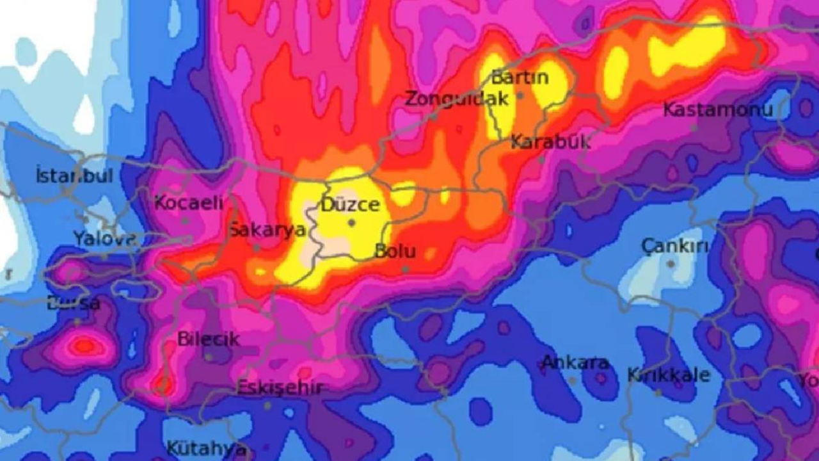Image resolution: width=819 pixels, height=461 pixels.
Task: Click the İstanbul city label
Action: pyautogui.click(x=74, y=175)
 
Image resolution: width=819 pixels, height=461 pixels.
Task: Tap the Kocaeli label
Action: pyautogui.click(x=189, y=203)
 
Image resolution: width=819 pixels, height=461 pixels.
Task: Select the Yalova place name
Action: pyautogui.click(x=104, y=239)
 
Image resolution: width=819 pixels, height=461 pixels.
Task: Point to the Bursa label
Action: pyautogui.click(x=74, y=303)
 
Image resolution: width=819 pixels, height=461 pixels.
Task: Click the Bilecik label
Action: pyautogui.click(x=208, y=339)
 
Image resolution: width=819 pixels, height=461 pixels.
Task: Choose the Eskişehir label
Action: pyautogui.click(x=280, y=387)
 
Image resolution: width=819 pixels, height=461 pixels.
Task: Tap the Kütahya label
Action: pyautogui.click(x=206, y=448)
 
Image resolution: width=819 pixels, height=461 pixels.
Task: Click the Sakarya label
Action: pyautogui.click(x=267, y=230)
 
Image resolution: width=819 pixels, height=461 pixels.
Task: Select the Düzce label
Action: pyautogui.click(x=351, y=205)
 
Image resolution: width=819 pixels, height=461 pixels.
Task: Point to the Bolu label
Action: pyautogui.click(x=395, y=250)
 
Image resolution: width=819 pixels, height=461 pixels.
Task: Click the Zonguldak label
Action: pyautogui.click(x=457, y=98)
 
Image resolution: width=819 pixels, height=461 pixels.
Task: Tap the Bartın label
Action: pyautogui.click(x=520, y=77)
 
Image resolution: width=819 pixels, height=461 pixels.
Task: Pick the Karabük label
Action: pyautogui.click(x=551, y=142)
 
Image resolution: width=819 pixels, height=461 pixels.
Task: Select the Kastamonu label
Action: pyautogui.click(x=718, y=109)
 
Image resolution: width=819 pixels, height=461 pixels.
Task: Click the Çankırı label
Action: pyautogui.click(x=675, y=245)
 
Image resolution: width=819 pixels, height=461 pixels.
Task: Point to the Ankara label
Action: pyautogui.click(x=575, y=362)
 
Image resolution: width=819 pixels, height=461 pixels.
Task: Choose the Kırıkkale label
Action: pyautogui.click(x=669, y=375)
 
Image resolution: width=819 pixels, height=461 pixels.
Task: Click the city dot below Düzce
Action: pyautogui.click(x=351, y=223)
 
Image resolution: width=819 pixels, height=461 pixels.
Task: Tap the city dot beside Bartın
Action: pyautogui.click(x=520, y=95)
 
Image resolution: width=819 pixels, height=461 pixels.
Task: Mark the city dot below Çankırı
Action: pyautogui.click(x=671, y=263)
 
